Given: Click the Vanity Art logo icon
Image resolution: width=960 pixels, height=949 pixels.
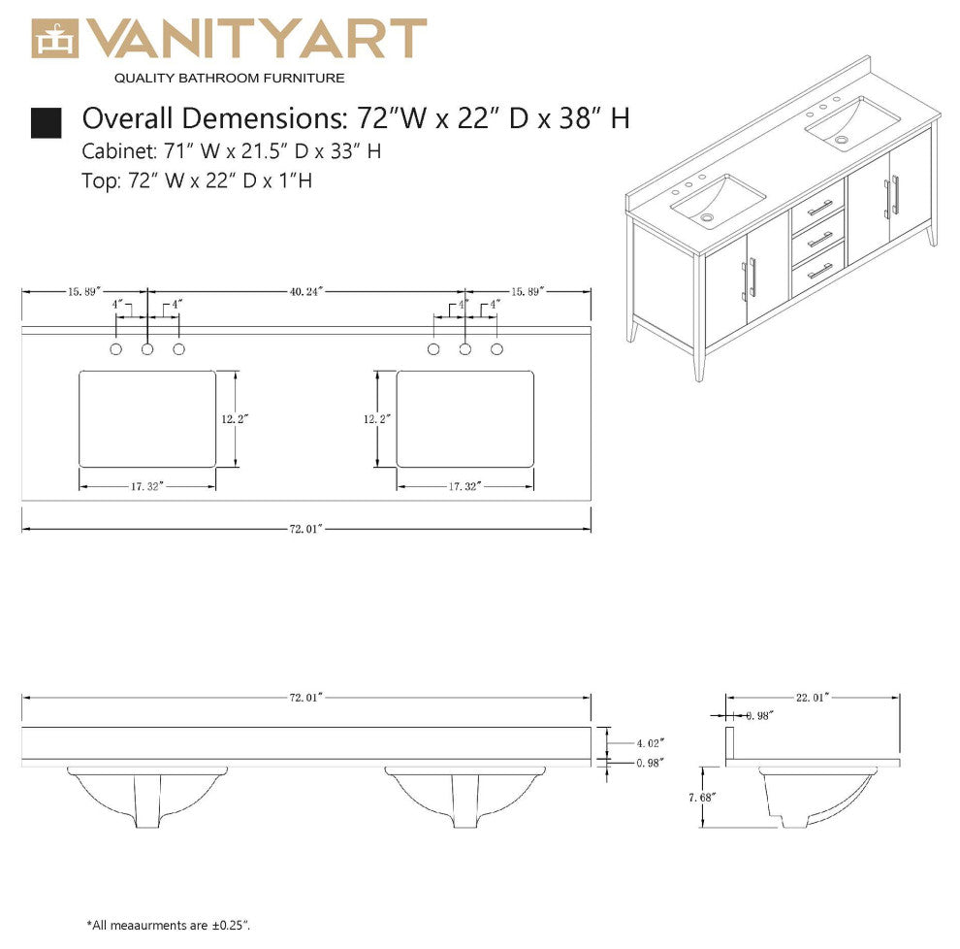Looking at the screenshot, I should [55, 39].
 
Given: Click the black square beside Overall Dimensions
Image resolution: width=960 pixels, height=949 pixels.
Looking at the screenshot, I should [47, 121].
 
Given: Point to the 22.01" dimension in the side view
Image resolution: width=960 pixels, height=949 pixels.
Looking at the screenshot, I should [815, 697].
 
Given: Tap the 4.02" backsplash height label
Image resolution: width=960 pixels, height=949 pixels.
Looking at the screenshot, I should [650, 743].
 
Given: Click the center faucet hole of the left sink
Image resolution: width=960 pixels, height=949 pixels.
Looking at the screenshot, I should [147, 348].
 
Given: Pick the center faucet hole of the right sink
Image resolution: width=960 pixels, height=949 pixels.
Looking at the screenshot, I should [465, 348].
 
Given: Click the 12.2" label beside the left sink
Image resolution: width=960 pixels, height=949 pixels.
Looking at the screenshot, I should [235, 418].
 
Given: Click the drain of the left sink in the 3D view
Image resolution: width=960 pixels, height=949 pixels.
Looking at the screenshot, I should [709, 217].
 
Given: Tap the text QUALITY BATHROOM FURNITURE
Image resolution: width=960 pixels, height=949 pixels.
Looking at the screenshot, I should [229, 78].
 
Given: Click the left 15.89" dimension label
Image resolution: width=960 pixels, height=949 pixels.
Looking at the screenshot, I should [84, 290].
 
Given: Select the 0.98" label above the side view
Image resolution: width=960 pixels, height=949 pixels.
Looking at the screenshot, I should [759, 716].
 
